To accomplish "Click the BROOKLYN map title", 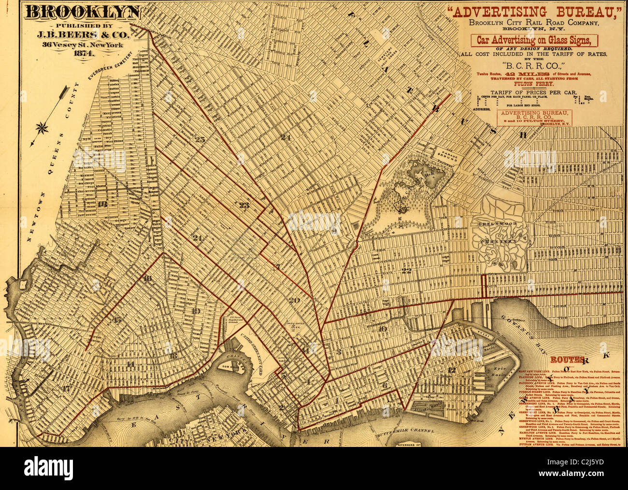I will click(x=83, y=13).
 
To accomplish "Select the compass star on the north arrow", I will click(x=42, y=128).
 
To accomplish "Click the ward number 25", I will click(x=200, y=140).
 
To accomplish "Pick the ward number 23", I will click(x=244, y=205).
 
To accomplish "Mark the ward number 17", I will click(x=66, y=388).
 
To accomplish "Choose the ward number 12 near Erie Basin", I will click(x=452, y=370).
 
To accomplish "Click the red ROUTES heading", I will click(x=568, y=360).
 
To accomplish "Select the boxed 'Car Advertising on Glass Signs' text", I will click(x=534, y=40).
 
